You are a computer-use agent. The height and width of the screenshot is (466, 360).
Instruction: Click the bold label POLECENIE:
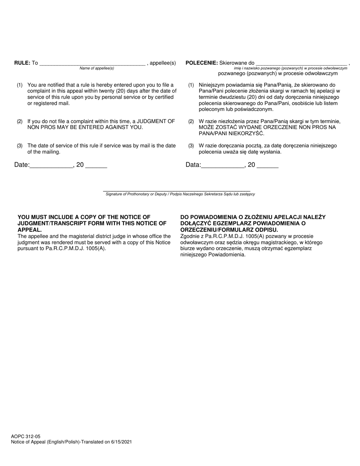(202, 63)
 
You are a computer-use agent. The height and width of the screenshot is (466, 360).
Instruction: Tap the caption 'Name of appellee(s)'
(97, 68)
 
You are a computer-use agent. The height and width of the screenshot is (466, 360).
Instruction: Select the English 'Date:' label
(22, 165)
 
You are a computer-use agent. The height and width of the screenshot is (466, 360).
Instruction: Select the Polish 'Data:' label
(193, 165)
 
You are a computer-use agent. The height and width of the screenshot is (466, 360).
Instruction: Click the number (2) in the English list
(20, 122)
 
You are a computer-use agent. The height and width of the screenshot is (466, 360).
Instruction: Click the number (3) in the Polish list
(191, 146)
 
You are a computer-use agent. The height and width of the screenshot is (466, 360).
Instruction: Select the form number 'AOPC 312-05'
(26, 436)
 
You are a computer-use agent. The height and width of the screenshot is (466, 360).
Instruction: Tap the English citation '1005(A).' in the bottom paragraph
(96, 249)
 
